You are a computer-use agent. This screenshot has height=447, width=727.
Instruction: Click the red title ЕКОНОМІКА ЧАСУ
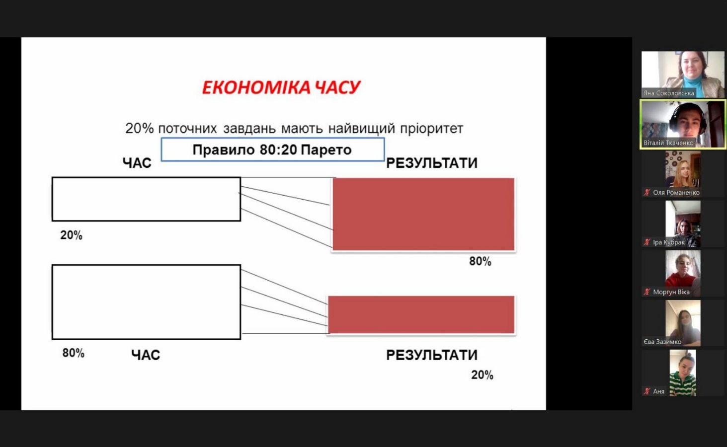tap(281, 87)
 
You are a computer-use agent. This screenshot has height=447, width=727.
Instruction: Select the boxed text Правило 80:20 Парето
tap(272, 149)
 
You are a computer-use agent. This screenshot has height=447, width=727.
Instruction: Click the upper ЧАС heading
tap(137, 163)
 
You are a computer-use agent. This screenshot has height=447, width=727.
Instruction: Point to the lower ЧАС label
tap(146, 355)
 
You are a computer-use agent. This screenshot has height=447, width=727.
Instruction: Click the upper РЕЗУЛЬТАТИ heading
tap(432, 163)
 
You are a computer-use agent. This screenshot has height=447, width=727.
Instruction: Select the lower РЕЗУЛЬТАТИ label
tap(432, 355)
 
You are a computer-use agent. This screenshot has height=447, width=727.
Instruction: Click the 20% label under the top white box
tap(72, 235)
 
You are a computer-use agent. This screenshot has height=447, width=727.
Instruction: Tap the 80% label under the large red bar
tap(481, 261)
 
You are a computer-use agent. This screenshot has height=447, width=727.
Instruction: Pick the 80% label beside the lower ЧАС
tap(74, 353)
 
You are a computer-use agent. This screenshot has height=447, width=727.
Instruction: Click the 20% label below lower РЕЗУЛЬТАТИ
tap(483, 375)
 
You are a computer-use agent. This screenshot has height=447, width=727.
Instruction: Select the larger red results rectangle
tap(423, 214)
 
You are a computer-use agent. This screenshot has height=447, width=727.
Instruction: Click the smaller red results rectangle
tap(421, 314)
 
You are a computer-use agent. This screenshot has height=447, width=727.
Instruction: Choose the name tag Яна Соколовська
tap(669, 93)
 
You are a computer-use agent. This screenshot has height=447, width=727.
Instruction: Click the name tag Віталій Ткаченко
tap(668, 143)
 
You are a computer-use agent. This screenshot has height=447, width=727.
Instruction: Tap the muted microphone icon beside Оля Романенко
tap(647, 192)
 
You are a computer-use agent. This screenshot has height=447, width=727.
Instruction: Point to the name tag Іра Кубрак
tap(669, 242)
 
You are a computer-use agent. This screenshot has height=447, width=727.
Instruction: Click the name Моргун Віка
tap(671, 292)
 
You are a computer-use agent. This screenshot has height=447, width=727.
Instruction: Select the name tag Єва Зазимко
tap(662, 342)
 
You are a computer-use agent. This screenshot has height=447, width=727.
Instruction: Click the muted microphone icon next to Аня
tap(647, 391)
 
